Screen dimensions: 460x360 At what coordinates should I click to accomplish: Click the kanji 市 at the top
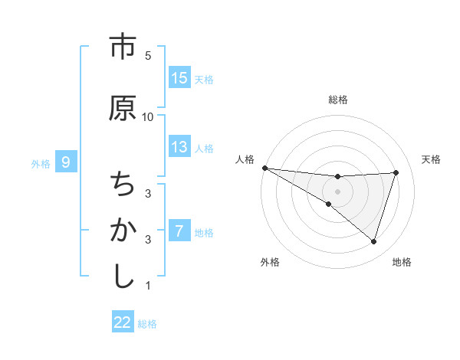coord(122,47)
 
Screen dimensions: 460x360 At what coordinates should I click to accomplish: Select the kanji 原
coord(122,108)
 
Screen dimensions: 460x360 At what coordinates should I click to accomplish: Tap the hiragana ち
coord(122,185)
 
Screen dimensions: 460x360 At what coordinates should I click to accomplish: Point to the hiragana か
coord(122,230)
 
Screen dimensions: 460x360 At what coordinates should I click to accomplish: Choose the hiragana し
coord(122,276)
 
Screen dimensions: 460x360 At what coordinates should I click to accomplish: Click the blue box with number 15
coord(179,78)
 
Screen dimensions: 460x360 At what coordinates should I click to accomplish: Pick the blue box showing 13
coord(179,147)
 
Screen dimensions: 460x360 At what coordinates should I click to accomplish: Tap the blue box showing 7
coord(179,231)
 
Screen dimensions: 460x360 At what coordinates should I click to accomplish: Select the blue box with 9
coord(66,162)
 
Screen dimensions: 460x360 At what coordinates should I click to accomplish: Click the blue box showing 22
coord(123,322)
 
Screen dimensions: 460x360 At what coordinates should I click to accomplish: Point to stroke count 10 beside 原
coord(148,116)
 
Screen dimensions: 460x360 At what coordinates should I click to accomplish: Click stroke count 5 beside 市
coord(148,55)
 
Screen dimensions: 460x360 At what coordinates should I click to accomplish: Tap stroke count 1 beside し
coord(148,286)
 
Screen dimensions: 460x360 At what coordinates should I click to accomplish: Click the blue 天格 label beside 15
coord(204,79)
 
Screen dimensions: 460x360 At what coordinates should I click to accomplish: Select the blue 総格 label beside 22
coord(147,324)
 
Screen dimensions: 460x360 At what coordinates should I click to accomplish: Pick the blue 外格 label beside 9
coord(40,163)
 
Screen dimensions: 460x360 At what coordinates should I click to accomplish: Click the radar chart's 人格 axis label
coord(245,159)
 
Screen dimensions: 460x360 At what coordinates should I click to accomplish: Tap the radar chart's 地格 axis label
coord(402,262)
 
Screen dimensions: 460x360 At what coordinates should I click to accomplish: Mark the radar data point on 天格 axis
coord(396,172)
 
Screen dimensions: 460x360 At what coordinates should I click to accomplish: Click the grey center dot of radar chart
coord(337,191)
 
